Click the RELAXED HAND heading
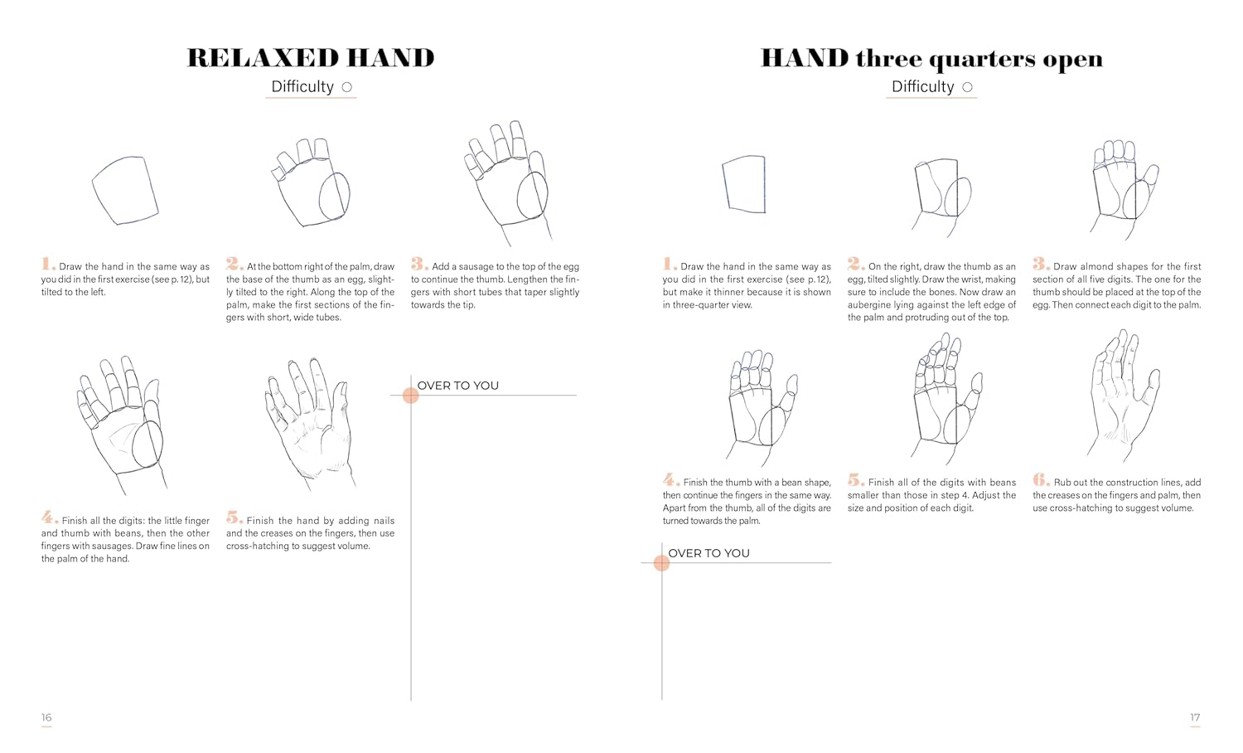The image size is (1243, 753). point(311,58)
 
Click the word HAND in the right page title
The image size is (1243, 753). point(805,58)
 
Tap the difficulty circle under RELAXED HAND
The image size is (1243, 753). point(347,87)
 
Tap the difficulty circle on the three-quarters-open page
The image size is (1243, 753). point(967,87)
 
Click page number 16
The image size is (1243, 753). point(46,717)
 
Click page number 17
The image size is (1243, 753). point(1195,717)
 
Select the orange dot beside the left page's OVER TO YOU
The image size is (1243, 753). point(411,396)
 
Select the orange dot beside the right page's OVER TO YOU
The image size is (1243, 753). point(661,563)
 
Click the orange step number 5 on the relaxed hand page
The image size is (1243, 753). point(234,517)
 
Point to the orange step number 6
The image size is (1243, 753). point(1041,479)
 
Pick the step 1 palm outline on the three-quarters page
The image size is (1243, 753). point(765,184)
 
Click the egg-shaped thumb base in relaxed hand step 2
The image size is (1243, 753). point(320,197)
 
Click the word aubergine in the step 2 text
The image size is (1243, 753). point(869,305)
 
